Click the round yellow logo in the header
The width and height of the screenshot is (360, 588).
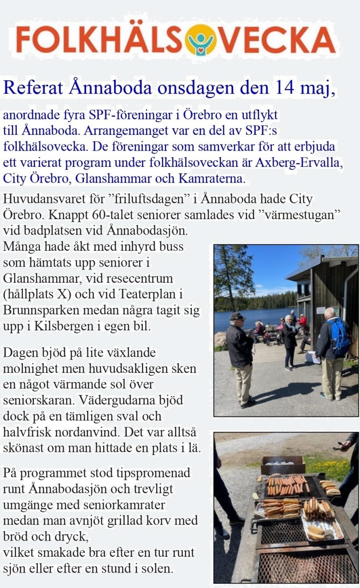click(x=201, y=39)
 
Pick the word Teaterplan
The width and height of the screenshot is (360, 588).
click(x=152, y=294)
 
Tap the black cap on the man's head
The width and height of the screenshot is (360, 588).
click(x=237, y=316)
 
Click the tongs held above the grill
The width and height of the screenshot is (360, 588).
click(x=339, y=446)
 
